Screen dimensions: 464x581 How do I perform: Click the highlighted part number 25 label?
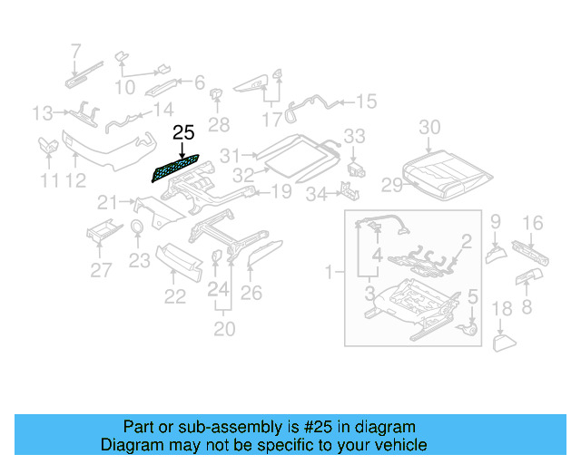(x=183, y=133)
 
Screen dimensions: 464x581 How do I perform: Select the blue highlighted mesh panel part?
(x=178, y=169)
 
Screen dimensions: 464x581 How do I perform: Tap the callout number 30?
(x=429, y=128)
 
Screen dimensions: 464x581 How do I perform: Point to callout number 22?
(x=174, y=295)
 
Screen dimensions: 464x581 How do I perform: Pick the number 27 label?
(x=101, y=269)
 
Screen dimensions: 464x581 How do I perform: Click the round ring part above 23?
(x=136, y=227)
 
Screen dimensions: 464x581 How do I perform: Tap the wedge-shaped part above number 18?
(x=503, y=342)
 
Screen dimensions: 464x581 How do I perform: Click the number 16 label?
(x=533, y=223)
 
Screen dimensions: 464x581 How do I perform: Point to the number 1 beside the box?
(x=330, y=270)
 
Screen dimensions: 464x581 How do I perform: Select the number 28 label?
(x=219, y=124)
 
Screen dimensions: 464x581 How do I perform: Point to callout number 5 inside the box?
(x=471, y=295)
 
